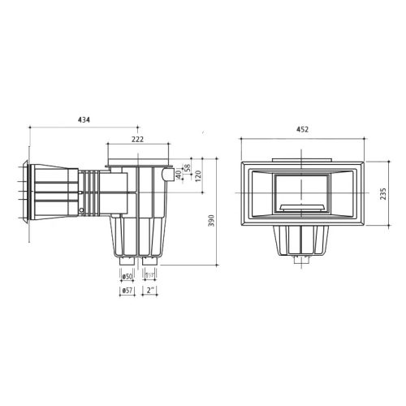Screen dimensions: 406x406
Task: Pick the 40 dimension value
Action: (x=179, y=173)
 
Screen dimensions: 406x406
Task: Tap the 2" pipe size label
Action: (x=150, y=290)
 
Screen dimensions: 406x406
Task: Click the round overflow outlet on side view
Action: (x=168, y=174)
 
